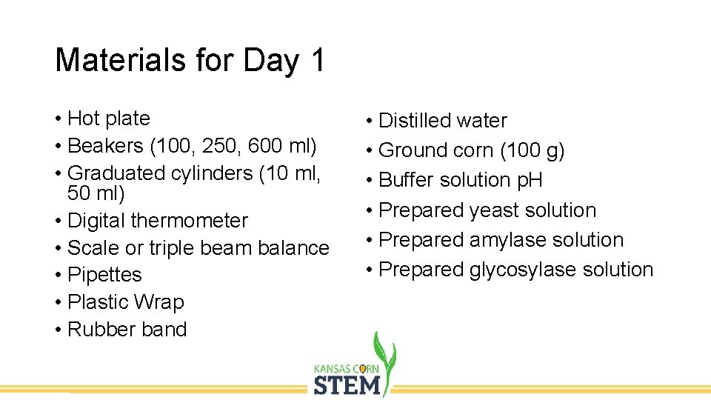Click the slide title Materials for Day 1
coord(190,61)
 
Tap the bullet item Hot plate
coord(108,119)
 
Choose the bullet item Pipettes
coord(104,275)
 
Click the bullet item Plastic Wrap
coord(125,302)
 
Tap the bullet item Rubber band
coord(127,330)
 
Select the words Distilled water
coord(442,121)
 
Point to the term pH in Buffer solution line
coord(529,180)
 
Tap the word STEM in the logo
coord(347,385)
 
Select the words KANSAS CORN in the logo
coord(347,368)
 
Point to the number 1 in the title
coord(318,61)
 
